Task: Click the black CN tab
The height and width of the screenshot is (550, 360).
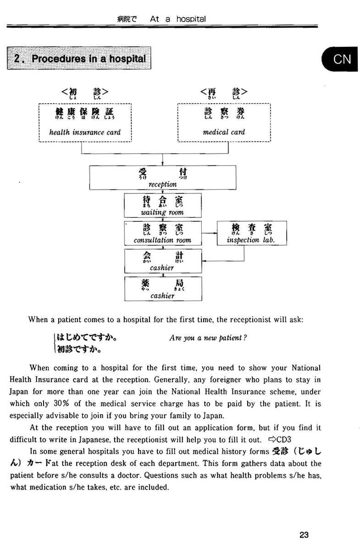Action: click(342, 59)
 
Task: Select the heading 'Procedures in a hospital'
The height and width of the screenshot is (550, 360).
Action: click(79, 59)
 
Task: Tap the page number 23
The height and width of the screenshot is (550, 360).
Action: click(304, 534)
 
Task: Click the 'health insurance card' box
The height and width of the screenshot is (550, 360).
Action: click(85, 122)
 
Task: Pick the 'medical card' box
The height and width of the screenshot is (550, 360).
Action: click(224, 122)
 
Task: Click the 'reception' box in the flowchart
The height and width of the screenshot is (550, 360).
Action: click(162, 177)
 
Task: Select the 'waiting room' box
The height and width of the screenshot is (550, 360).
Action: click(162, 205)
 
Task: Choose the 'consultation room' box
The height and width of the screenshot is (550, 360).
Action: click(162, 233)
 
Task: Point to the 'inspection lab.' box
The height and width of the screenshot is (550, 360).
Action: click(251, 233)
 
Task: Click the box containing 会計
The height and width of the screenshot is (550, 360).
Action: click(162, 261)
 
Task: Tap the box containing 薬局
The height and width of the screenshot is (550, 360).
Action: click(162, 289)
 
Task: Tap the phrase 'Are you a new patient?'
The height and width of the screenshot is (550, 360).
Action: click(208, 338)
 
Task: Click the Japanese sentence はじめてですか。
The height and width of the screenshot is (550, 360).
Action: click(86, 339)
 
